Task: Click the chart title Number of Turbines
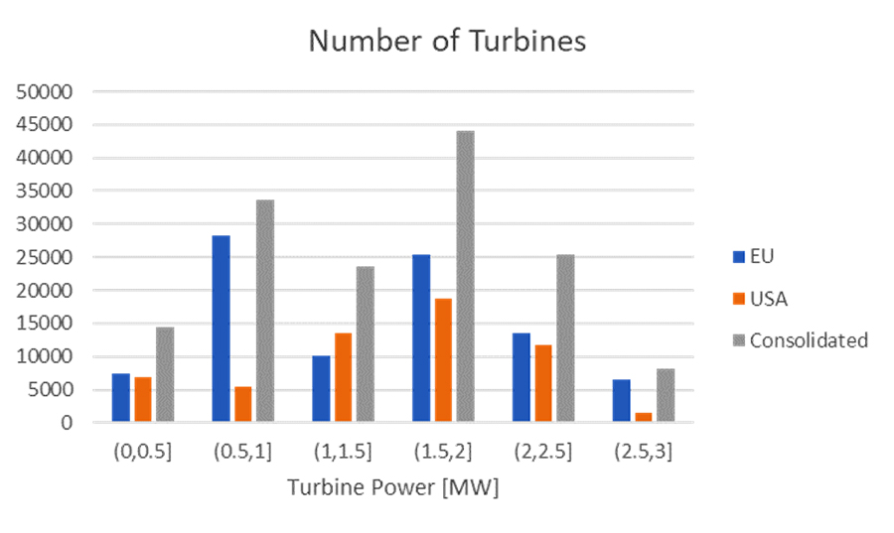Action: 447,41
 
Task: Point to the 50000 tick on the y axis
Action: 46,91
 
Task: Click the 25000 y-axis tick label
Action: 46,257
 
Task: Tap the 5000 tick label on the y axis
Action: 51,390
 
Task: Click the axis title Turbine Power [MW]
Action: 392,488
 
